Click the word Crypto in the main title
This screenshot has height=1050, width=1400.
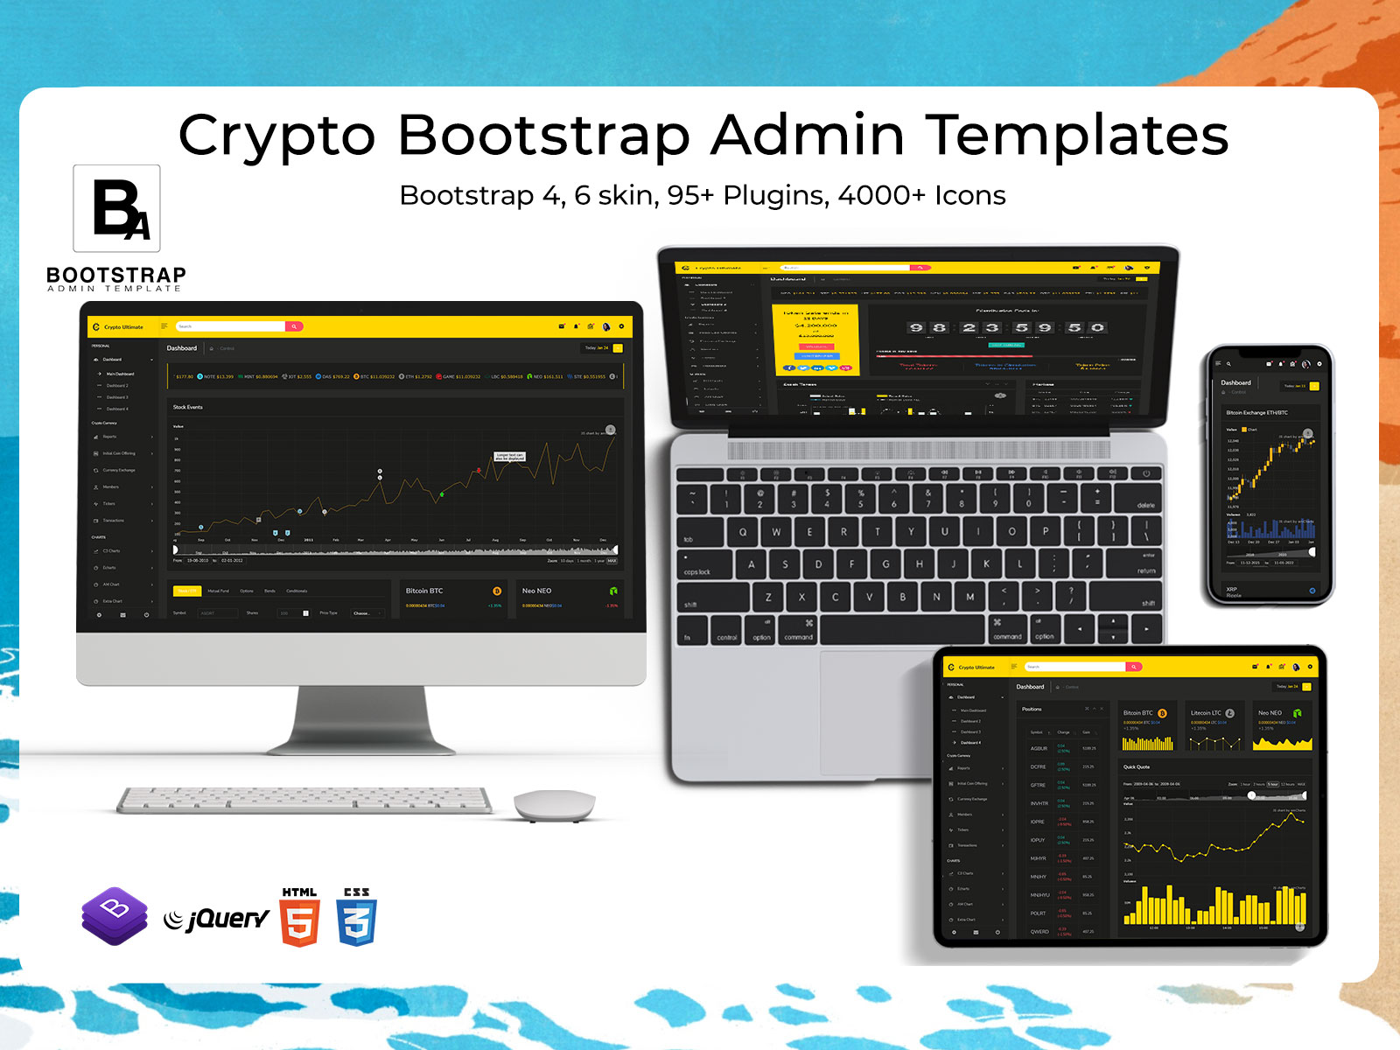[276, 136]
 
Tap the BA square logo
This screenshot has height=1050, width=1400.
[117, 208]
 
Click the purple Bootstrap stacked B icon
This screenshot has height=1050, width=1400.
[115, 915]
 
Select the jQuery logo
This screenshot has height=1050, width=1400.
[218, 919]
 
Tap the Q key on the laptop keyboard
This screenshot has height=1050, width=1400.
[743, 531]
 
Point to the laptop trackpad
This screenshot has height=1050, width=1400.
[875, 709]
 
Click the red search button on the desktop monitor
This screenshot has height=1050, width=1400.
[295, 326]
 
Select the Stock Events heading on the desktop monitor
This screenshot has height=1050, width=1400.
[187, 407]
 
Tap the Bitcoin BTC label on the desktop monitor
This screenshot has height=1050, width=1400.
[424, 591]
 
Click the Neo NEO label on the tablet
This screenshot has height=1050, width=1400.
[1270, 713]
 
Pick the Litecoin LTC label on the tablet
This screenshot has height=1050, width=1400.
[1206, 713]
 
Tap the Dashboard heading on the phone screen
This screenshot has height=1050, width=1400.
[1235, 382]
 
